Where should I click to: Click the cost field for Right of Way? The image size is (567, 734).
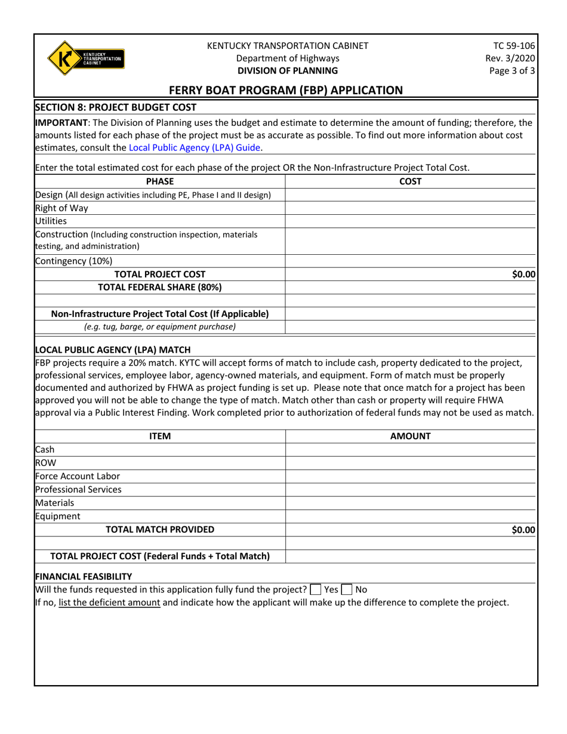point(411,209)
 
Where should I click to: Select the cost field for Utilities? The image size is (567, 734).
point(411,221)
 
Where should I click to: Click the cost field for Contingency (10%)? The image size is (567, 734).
point(411,261)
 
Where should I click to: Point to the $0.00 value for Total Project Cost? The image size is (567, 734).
point(523,274)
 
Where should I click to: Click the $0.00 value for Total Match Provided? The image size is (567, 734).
point(523,529)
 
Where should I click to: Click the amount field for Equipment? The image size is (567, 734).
point(411,516)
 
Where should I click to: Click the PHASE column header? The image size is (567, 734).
point(159,181)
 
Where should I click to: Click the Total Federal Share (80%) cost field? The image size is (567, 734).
point(411,287)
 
